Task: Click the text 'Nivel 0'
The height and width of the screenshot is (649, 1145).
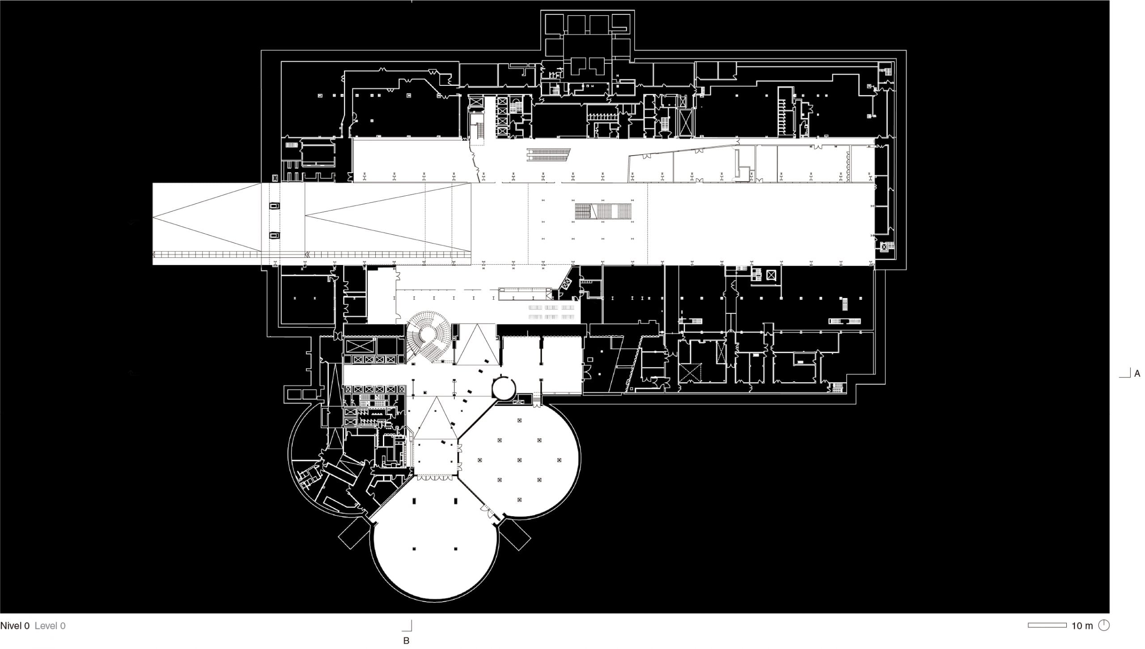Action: point(15,626)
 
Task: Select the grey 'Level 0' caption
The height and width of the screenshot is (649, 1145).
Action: point(50,626)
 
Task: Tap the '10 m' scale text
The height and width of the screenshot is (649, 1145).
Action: point(1082,626)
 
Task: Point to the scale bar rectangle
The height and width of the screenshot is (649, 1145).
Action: point(1047,625)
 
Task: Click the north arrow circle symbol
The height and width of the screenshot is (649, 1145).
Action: point(1104,625)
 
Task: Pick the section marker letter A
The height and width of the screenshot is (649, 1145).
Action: point(1137,373)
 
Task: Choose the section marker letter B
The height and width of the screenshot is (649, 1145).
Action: point(406,641)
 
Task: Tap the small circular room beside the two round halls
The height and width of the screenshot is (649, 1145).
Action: point(504,388)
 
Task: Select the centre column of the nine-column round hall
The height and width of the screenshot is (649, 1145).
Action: point(519,460)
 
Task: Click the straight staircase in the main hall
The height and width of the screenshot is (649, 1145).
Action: point(603,211)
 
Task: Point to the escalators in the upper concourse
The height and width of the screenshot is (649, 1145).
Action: point(548,155)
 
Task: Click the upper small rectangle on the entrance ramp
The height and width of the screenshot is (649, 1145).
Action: point(274,206)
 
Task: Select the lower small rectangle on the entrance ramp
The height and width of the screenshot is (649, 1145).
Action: point(274,236)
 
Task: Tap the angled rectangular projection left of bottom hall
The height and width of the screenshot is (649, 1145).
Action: point(354,534)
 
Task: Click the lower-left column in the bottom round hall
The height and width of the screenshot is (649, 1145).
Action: point(414,548)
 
